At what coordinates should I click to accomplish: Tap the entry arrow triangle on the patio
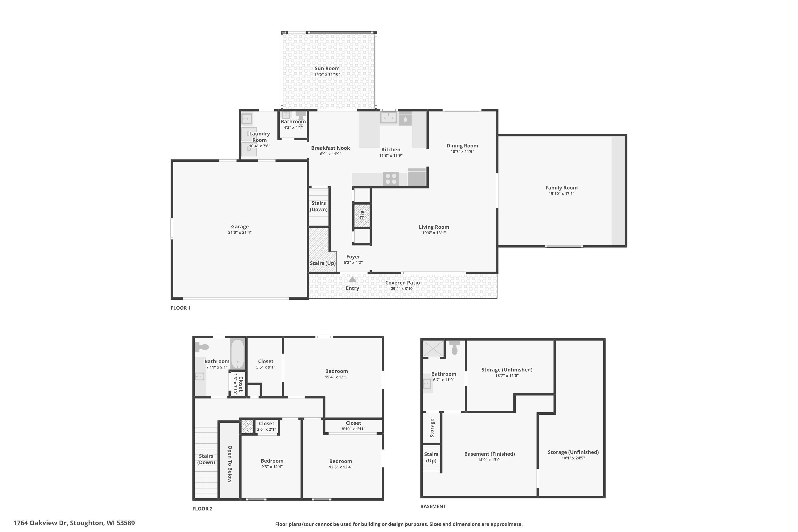[352, 280]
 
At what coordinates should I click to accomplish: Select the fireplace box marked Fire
[362, 215]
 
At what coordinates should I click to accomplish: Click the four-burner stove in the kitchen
[391, 179]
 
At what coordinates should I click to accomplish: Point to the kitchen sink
[388, 117]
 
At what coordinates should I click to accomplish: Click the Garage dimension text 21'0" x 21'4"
[240, 232]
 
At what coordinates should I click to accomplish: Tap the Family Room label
[561, 188]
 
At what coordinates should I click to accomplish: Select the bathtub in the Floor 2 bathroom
[238, 354]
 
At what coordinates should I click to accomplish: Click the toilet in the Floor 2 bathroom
[202, 347]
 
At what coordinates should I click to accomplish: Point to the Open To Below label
[230, 464]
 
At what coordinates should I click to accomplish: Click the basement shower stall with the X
[433, 348]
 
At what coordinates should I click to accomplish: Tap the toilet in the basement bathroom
[454, 348]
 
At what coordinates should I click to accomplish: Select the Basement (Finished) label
[489, 454]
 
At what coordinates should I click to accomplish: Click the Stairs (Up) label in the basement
[431, 457]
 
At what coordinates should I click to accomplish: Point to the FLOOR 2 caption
[202, 509]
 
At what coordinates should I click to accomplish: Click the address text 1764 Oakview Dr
[74, 523]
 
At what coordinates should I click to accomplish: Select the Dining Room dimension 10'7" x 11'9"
[462, 152]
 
